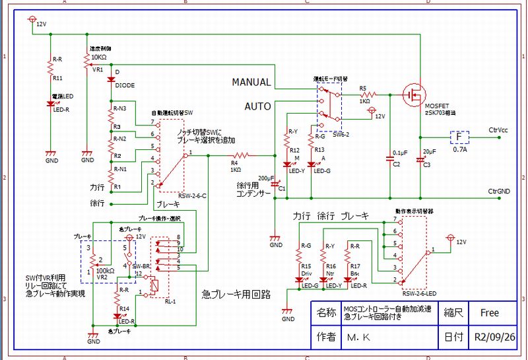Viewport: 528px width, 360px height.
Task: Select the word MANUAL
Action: tap(251, 83)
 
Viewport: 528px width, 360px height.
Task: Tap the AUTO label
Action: tap(257, 106)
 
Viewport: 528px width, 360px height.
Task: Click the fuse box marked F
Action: tap(459, 137)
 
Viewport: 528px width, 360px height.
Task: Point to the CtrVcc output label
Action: tap(498, 130)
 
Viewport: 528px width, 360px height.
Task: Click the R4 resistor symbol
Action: tap(242, 156)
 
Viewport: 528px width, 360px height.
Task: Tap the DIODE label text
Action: tap(125, 85)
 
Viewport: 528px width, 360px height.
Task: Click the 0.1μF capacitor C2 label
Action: tap(400, 153)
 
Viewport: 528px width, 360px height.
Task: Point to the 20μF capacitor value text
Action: tap(429, 152)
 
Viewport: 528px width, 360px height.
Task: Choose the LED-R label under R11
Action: tap(61, 109)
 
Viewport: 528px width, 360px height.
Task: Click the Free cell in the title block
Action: tap(490, 312)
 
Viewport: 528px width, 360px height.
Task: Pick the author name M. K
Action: tap(358, 336)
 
